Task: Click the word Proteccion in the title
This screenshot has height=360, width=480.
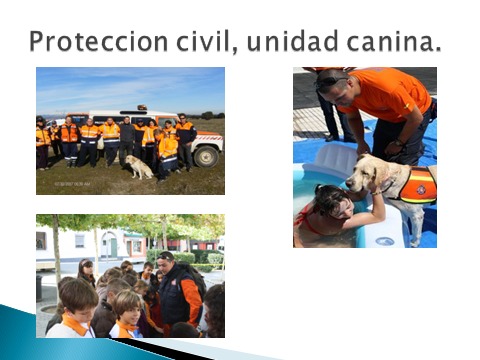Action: coord(99,41)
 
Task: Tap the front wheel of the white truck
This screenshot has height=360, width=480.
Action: coord(206,156)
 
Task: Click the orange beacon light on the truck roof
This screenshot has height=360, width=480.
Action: coord(142,107)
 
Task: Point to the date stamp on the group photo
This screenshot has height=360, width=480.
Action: coord(72,184)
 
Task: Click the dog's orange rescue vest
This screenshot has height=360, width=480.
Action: coord(418,185)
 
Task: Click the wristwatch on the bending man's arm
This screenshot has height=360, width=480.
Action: coord(398,143)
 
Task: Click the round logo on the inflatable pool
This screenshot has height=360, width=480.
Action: coord(385,241)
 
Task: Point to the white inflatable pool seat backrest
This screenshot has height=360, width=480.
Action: coord(335,158)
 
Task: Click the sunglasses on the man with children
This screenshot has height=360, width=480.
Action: coord(165,257)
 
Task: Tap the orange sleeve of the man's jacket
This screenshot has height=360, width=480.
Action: coord(191,301)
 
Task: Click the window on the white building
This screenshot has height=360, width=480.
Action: coord(80,241)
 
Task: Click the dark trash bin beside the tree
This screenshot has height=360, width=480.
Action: coord(39,288)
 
